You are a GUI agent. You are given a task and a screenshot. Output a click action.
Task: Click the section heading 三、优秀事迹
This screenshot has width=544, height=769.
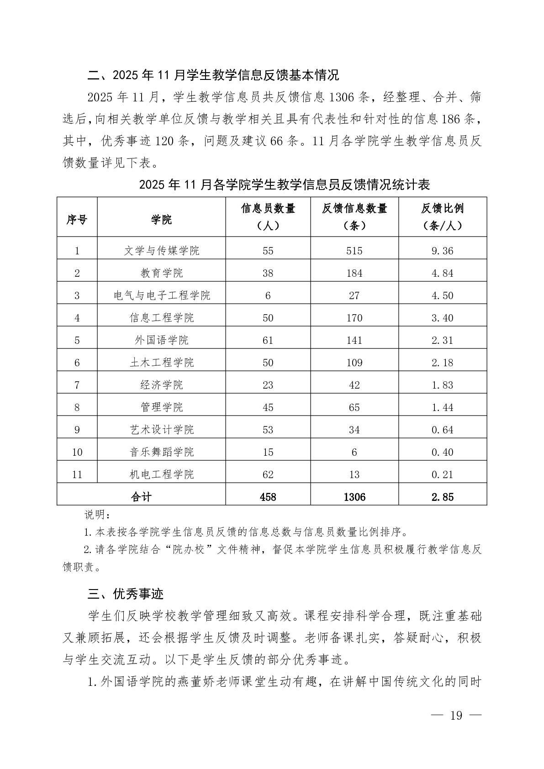point(126,594)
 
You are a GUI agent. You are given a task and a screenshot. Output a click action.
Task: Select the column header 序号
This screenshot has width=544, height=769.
point(77,220)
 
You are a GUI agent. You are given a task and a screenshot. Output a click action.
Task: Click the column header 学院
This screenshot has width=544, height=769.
point(161,220)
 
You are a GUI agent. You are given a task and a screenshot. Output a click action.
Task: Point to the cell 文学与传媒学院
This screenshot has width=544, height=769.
point(161,251)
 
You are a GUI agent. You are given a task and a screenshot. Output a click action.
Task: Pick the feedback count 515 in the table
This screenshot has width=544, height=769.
point(354,251)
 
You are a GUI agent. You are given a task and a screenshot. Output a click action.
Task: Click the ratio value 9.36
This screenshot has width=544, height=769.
point(442,251)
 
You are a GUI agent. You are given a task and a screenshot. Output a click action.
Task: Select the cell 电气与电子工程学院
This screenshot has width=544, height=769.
point(161,295)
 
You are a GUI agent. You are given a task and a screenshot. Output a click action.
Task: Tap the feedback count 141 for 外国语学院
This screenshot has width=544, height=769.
point(354,340)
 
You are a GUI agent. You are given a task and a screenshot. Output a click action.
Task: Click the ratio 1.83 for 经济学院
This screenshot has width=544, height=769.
point(442,385)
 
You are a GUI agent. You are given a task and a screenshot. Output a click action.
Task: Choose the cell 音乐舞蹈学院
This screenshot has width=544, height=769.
point(161,452)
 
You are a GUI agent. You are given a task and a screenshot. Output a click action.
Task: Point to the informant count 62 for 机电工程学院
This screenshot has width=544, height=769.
point(268,474)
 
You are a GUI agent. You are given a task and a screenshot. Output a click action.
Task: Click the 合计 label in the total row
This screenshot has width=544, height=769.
point(141,497)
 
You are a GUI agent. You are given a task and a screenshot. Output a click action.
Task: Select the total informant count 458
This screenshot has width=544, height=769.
point(268,497)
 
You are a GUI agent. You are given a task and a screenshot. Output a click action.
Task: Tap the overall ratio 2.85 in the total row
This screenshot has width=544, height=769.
point(442,497)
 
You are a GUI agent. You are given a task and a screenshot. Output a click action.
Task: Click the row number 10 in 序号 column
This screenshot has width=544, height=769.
point(77,452)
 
